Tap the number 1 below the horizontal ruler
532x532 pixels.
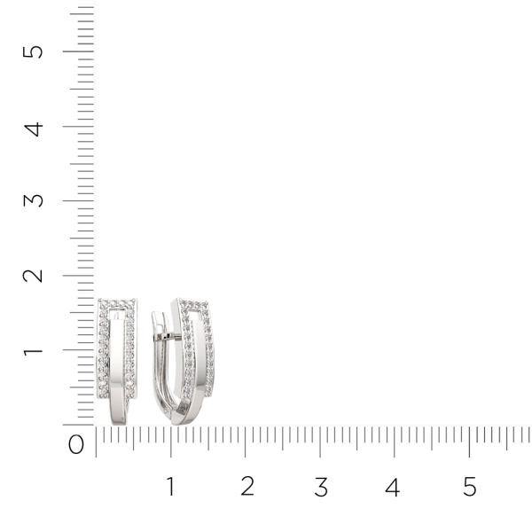[x=170, y=487]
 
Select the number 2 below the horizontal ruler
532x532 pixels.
[x=246, y=487]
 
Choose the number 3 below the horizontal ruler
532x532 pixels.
[x=321, y=487]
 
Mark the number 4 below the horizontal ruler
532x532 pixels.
[x=393, y=487]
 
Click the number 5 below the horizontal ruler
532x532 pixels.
[x=469, y=487]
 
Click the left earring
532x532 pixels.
[x=115, y=359]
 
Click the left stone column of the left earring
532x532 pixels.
[x=102, y=355]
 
